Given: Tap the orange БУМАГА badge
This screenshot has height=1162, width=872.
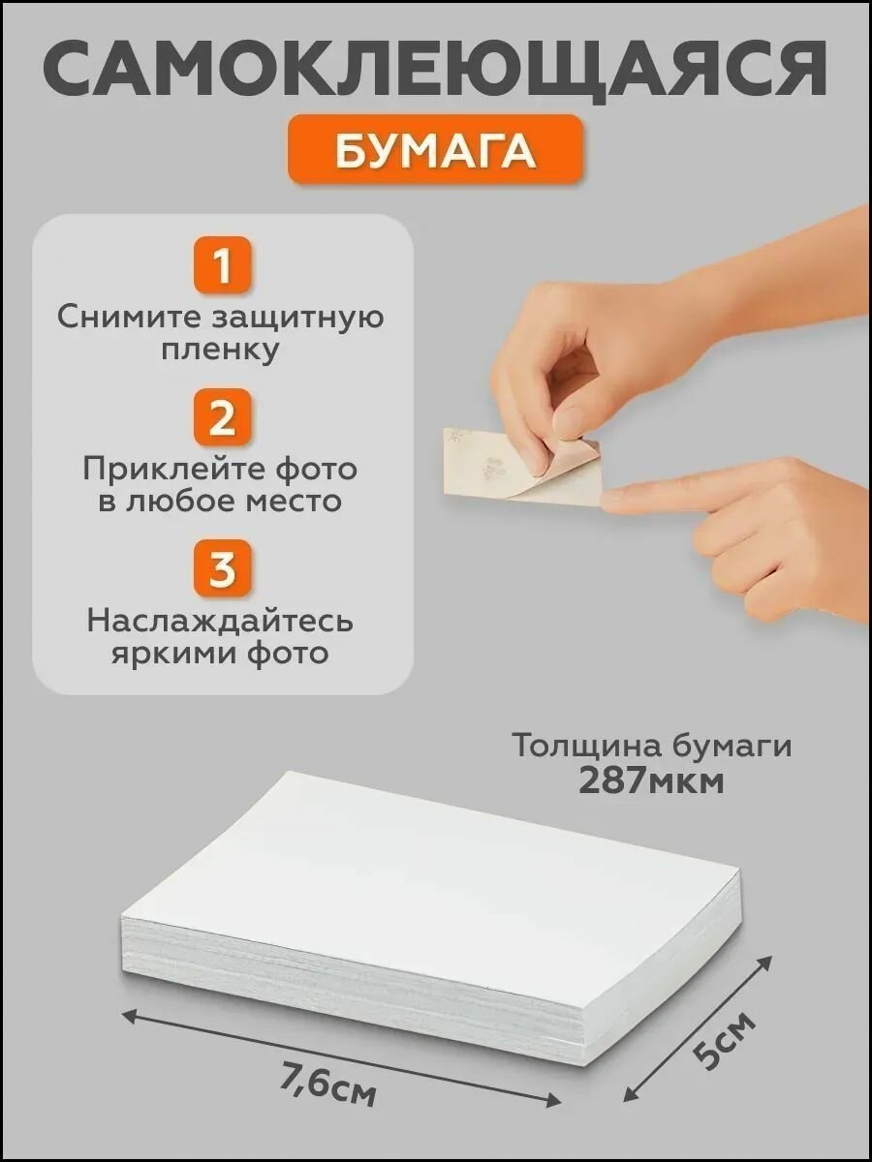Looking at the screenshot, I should [x=436, y=150].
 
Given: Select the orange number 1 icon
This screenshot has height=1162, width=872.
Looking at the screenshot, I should [x=222, y=265].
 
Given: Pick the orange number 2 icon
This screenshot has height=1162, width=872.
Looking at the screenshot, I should [x=222, y=417].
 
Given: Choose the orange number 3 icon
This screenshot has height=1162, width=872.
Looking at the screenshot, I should [x=222, y=568].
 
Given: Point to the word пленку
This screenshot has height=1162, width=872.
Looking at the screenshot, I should [x=222, y=350].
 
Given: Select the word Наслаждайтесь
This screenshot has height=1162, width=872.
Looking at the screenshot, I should [x=222, y=620].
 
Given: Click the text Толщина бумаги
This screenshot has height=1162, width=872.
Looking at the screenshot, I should [x=651, y=746].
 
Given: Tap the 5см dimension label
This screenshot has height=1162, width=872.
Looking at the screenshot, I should [x=722, y=1041].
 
